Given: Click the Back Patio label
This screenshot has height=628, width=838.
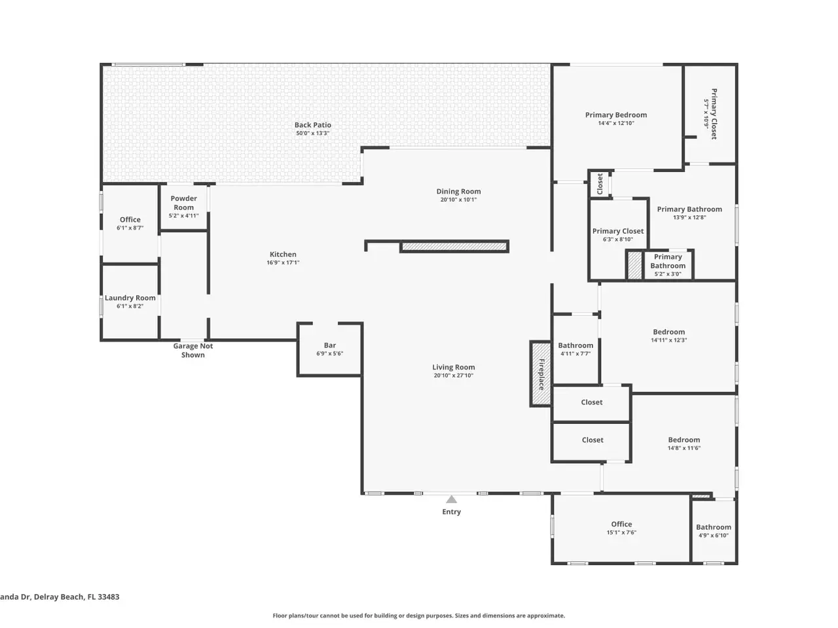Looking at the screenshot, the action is pos(313,125).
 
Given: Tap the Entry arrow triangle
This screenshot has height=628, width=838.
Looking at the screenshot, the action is pos(451,499).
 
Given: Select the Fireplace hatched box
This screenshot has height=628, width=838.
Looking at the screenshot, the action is pos(541,374).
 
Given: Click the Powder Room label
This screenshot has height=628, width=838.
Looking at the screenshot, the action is pos(183,203).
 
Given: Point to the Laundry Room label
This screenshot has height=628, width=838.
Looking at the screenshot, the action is pos(130,298).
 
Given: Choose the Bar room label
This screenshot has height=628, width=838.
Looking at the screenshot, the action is pos(330,345).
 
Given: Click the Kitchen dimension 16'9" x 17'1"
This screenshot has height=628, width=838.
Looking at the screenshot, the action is pos(283,262).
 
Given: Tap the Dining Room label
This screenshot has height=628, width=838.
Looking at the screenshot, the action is pos(458,192).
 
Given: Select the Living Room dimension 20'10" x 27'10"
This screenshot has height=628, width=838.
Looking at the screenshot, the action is pos(454,375).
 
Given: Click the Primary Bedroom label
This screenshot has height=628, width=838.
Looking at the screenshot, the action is pos(616,114).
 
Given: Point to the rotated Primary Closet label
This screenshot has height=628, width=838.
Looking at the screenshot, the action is pos(714,114).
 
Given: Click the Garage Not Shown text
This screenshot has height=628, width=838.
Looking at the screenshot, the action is pos(192,351).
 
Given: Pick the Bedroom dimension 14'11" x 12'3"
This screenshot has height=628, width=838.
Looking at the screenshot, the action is pos(669,340).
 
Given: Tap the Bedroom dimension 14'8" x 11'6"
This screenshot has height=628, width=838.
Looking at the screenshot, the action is pos(684,448).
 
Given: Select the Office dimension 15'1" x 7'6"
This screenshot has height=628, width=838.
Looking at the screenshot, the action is pos(621,532).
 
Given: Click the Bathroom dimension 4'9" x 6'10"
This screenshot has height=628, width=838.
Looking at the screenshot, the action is pos(714,535).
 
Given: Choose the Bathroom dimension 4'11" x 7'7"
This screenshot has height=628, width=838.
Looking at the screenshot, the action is pos(575,353).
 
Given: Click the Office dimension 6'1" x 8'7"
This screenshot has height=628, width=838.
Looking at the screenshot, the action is pos(130,228).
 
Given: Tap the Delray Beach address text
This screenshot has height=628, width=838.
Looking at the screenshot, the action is pos(60,597).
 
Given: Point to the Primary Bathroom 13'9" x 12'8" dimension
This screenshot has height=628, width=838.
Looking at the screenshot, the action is pos(689,217).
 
